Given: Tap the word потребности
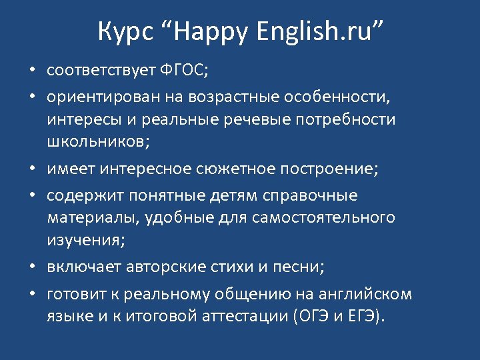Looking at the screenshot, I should coord(351,120).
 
